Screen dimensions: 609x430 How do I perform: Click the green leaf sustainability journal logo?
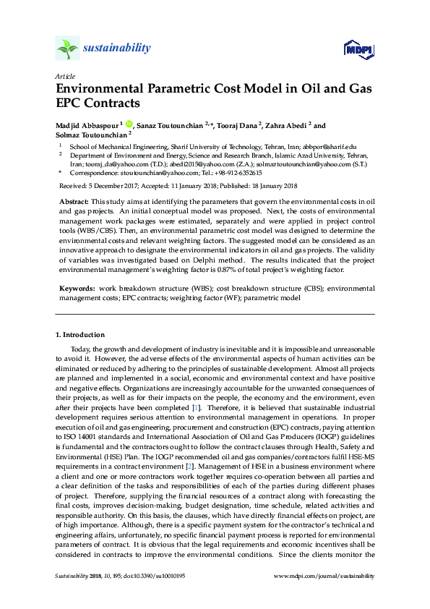tap(67, 49)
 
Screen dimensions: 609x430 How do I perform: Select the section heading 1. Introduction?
tap(79, 335)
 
